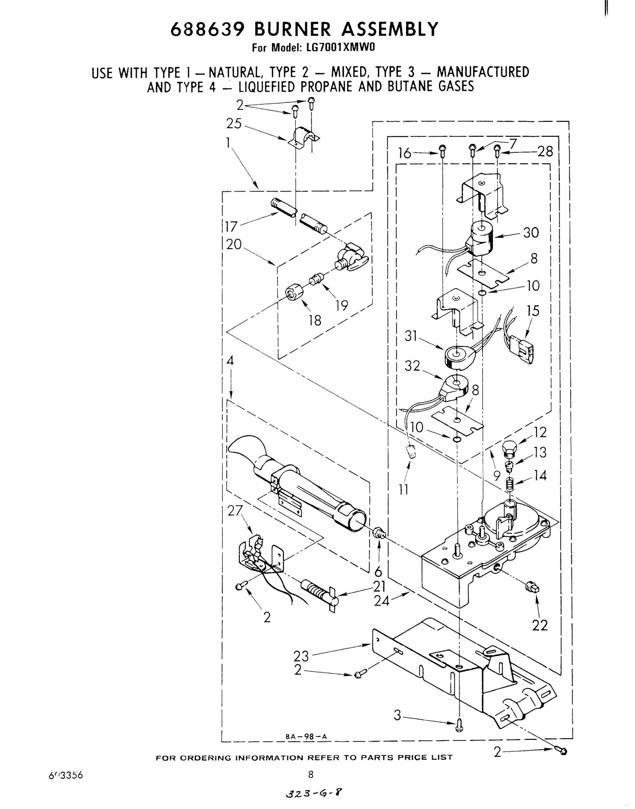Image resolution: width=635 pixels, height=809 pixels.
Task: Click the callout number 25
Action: (233, 124)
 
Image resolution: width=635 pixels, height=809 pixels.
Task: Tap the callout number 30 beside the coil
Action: (531, 233)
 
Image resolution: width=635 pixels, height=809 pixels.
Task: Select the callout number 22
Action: (539, 626)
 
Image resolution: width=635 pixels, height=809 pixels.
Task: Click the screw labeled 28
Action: (498, 150)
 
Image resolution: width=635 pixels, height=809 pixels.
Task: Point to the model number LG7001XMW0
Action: (334, 48)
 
